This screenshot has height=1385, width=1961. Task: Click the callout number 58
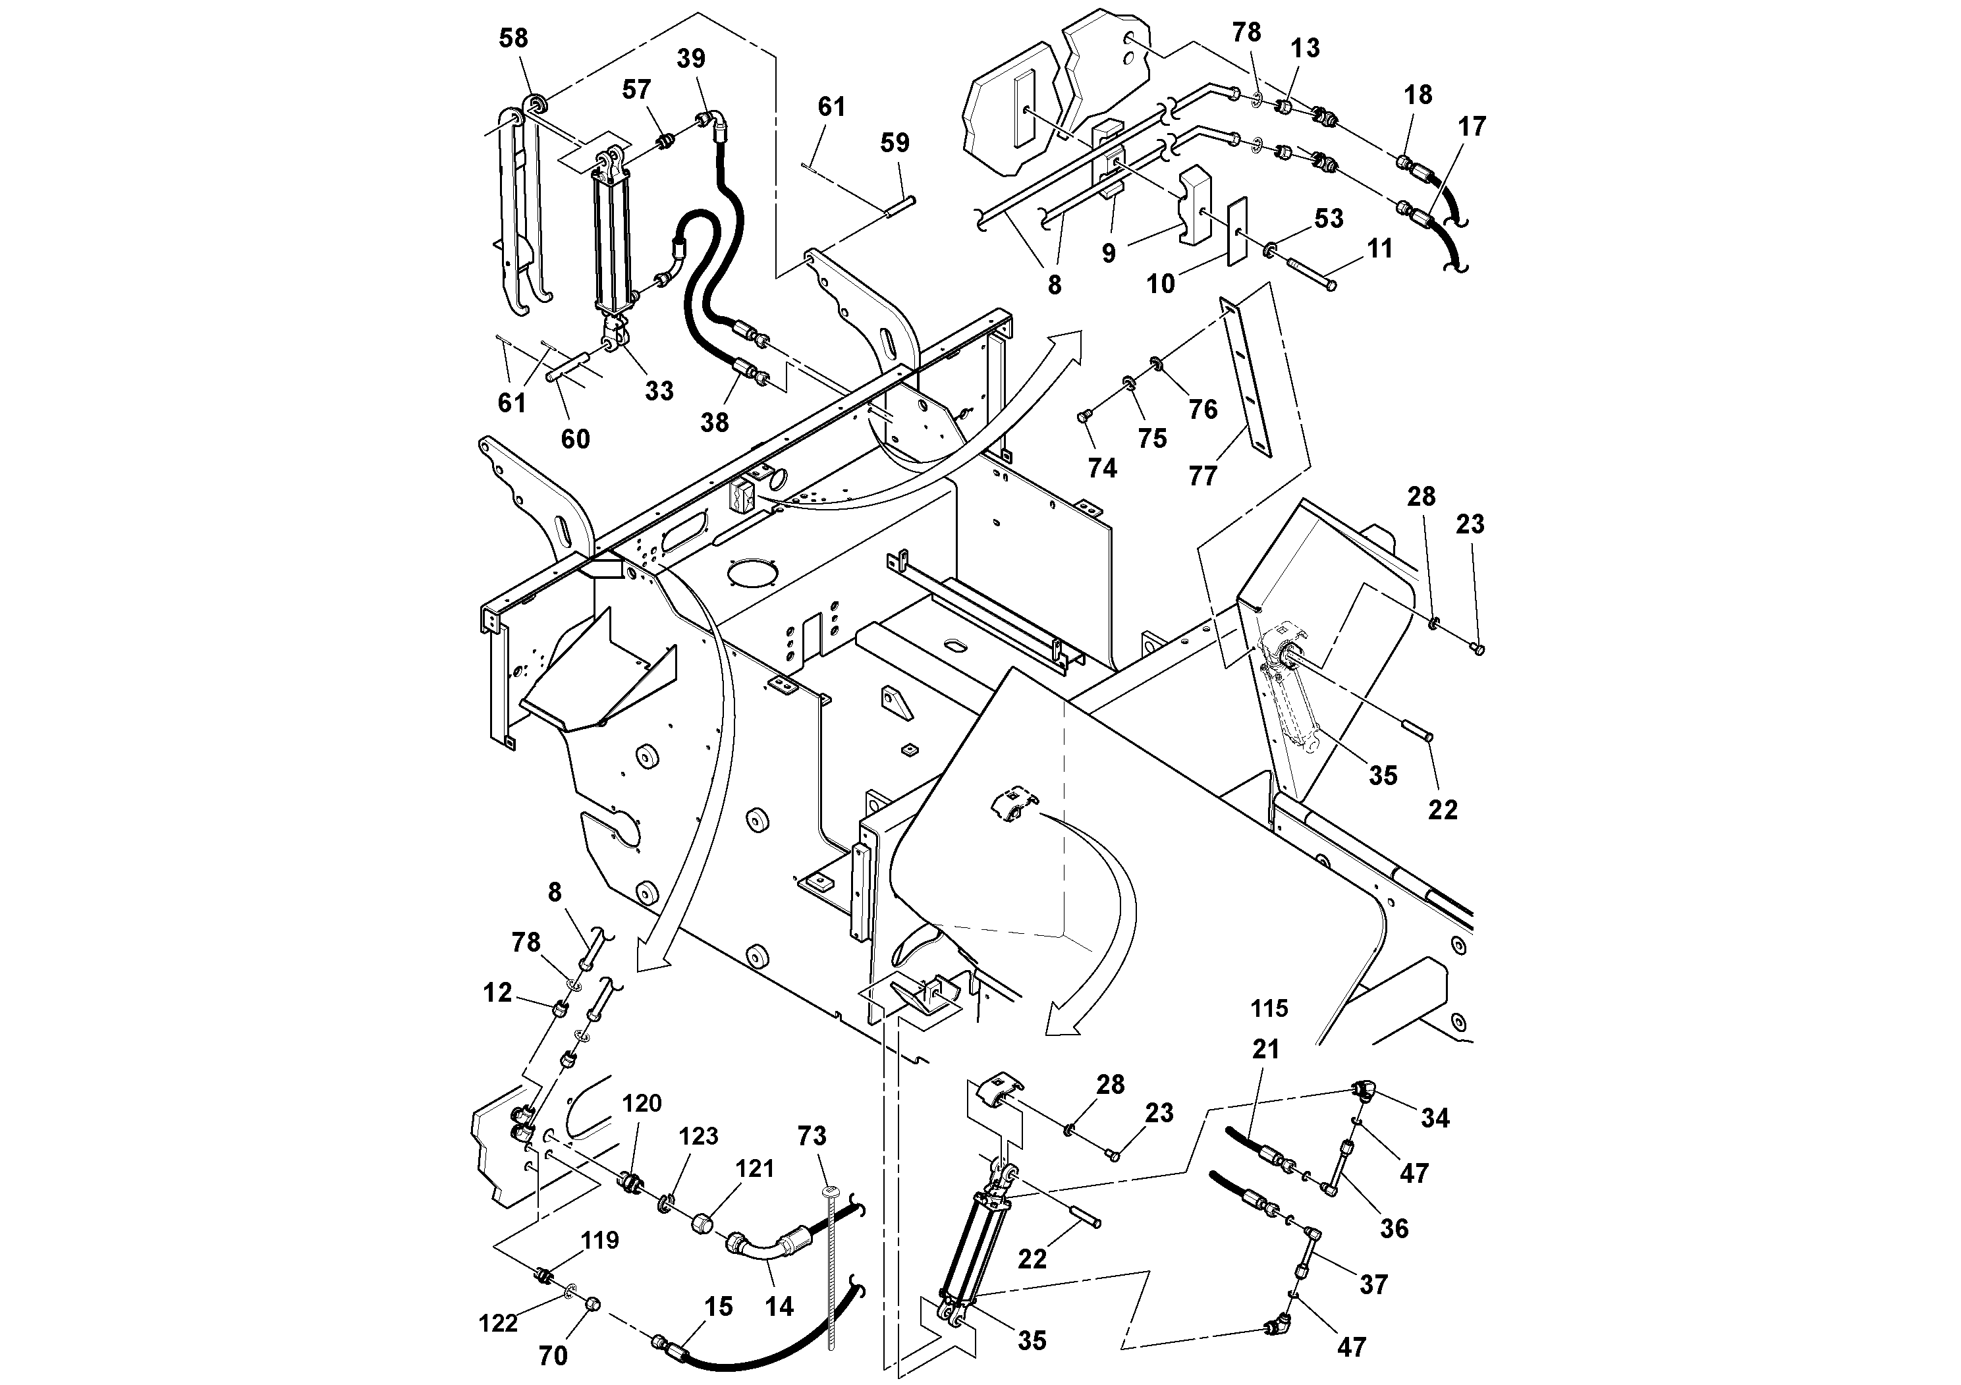(513, 38)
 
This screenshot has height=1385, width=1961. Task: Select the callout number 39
(691, 59)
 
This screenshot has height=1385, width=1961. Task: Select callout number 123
(699, 1137)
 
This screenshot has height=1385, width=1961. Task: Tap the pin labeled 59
(900, 205)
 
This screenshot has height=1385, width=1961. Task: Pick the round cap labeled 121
(705, 1224)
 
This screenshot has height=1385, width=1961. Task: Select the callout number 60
(575, 439)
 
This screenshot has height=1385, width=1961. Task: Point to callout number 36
(1394, 1229)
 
